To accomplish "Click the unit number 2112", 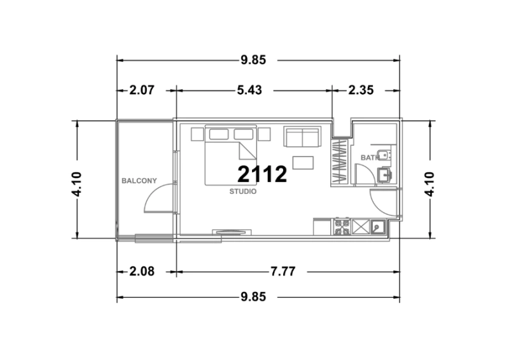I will (x=262, y=174).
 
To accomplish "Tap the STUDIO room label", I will (x=242, y=191).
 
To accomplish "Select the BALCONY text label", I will (x=139, y=181).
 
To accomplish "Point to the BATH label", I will (x=368, y=157).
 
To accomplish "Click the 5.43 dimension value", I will (x=249, y=91).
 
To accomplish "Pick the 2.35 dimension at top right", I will (x=361, y=91).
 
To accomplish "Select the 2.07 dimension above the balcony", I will (x=142, y=91).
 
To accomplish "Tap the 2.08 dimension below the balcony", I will (x=142, y=271).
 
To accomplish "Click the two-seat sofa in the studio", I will (x=302, y=137).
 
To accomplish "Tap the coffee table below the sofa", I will (x=303, y=162).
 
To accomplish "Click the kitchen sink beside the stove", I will (x=378, y=227).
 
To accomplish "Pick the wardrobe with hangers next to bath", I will (x=339, y=162).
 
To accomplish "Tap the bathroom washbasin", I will (x=384, y=174).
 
